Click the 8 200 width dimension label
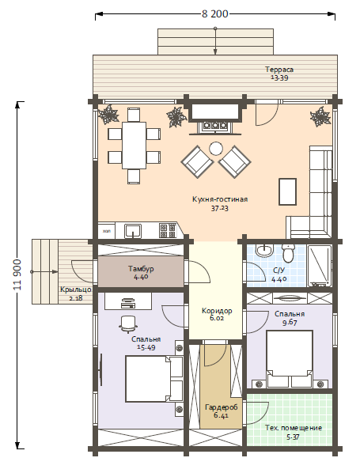215,14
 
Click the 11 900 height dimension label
17,274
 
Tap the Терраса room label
279,70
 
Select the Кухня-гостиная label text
220,199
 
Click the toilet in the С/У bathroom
289,253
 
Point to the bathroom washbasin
264,250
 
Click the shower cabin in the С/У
320,266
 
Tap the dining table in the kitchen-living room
134,146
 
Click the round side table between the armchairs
216,149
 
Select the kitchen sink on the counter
133,231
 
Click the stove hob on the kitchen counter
168,231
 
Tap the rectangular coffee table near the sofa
287,191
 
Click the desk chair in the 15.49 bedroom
128,324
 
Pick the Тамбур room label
141,269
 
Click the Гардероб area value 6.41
222,415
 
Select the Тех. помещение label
294,428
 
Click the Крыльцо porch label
76,289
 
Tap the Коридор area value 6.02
217,318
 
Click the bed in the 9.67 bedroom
289,359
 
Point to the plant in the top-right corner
320,116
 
